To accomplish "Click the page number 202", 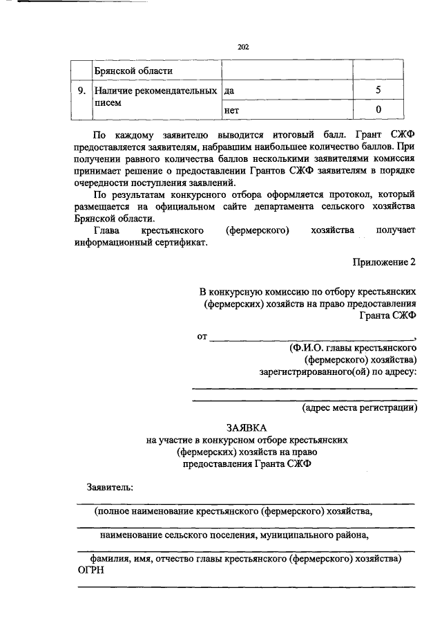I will click(x=242, y=47).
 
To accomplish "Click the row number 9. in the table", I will click(x=81, y=91).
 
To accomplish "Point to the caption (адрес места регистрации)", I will click(x=360, y=407).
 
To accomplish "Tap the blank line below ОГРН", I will click(x=246, y=586).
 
